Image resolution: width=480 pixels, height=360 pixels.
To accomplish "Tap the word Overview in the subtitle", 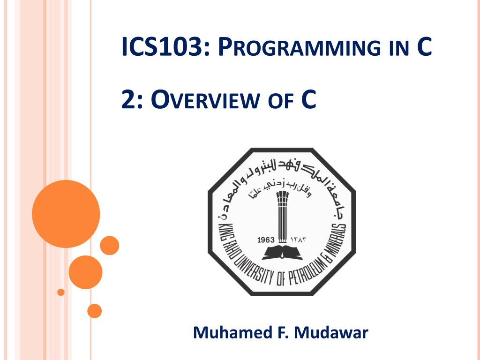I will point(206,101).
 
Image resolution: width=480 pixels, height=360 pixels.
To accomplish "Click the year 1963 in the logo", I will point(266,240).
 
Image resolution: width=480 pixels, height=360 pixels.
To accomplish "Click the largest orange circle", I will point(66,214).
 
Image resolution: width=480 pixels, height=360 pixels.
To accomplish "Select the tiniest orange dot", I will point(60,292).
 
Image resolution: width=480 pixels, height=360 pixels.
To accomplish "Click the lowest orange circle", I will point(94,311).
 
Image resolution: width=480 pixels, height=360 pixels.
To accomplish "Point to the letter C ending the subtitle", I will point(308,100).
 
